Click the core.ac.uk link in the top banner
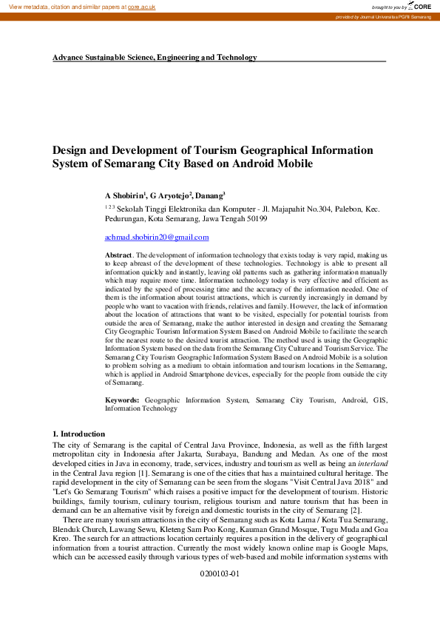[142, 6]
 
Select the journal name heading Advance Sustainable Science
[155, 57]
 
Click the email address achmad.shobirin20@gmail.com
[157, 237]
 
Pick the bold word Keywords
[121, 400]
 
